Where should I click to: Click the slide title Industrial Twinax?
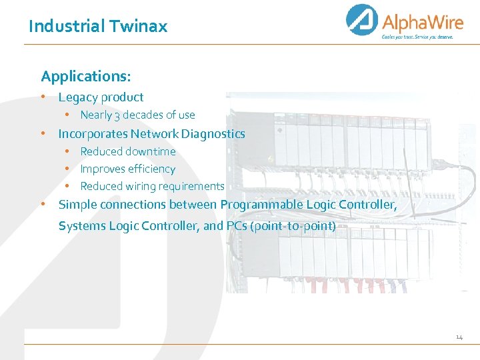point(98,27)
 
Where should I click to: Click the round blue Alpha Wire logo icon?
point(362,20)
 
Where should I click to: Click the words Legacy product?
point(101,97)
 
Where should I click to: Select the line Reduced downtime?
point(128,151)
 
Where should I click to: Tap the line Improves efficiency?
point(128,169)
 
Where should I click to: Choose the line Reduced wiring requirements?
point(152,186)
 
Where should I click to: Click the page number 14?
point(459,338)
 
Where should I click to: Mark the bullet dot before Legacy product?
point(44,97)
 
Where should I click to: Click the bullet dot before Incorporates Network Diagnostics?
point(44,133)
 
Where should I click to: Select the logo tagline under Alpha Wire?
point(417,37)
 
